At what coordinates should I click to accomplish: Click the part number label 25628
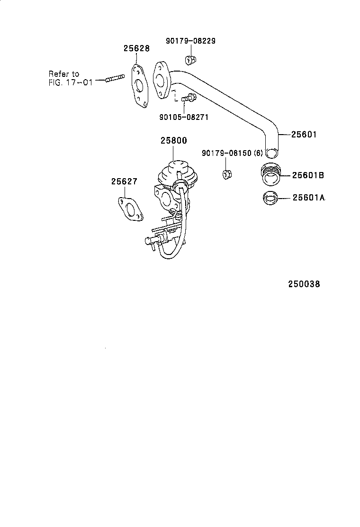(136, 48)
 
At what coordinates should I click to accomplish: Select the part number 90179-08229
(190, 41)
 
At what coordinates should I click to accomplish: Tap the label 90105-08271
(184, 117)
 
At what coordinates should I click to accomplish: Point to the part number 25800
(173, 141)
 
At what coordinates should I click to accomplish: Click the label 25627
(124, 181)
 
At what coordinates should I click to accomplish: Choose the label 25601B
(307, 175)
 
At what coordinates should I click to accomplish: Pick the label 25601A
(308, 198)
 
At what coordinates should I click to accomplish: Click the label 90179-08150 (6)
(232, 153)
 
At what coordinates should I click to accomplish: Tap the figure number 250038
(304, 284)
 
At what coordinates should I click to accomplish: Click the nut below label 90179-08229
(191, 60)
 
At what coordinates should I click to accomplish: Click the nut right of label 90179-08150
(227, 174)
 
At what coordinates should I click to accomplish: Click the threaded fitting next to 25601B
(270, 174)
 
